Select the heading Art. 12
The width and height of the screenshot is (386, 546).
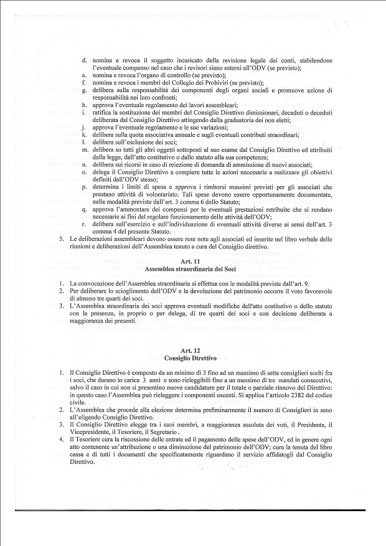(192, 351)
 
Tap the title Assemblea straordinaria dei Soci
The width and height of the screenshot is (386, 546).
(192, 270)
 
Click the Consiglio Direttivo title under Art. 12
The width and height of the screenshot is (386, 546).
(192, 359)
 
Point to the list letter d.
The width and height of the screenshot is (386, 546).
(84, 60)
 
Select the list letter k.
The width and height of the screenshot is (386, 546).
(84, 135)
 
